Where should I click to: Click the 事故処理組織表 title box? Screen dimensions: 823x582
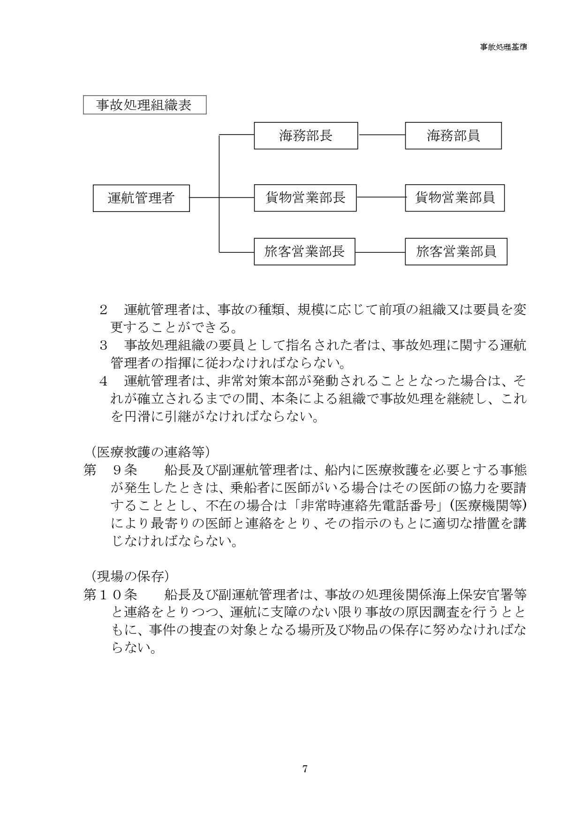click(x=144, y=105)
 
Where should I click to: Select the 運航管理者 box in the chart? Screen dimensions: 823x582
click(x=141, y=198)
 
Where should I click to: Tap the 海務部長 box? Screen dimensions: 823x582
click(x=306, y=136)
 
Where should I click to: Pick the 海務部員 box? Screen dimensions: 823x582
click(x=453, y=136)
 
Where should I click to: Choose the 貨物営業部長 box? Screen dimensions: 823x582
click(x=305, y=198)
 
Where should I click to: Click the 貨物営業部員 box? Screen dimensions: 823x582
click(x=454, y=198)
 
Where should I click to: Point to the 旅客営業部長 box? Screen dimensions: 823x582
click(x=304, y=251)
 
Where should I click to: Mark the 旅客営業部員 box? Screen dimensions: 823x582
click(x=456, y=251)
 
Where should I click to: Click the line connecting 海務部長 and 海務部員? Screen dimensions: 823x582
click(x=381, y=135)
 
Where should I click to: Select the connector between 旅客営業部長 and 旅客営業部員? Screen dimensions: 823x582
click(x=380, y=252)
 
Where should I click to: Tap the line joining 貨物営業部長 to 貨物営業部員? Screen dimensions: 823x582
click(x=381, y=197)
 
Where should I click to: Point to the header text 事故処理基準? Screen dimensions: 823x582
click(x=503, y=47)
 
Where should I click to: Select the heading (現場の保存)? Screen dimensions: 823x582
click(x=127, y=575)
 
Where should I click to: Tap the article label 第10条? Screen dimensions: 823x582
click(x=110, y=595)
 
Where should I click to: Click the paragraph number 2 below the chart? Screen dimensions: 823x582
click(x=104, y=310)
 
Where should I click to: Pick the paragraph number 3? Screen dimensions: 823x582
click(x=104, y=346)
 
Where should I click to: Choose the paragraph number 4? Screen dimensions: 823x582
click(x=104, y=381)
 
